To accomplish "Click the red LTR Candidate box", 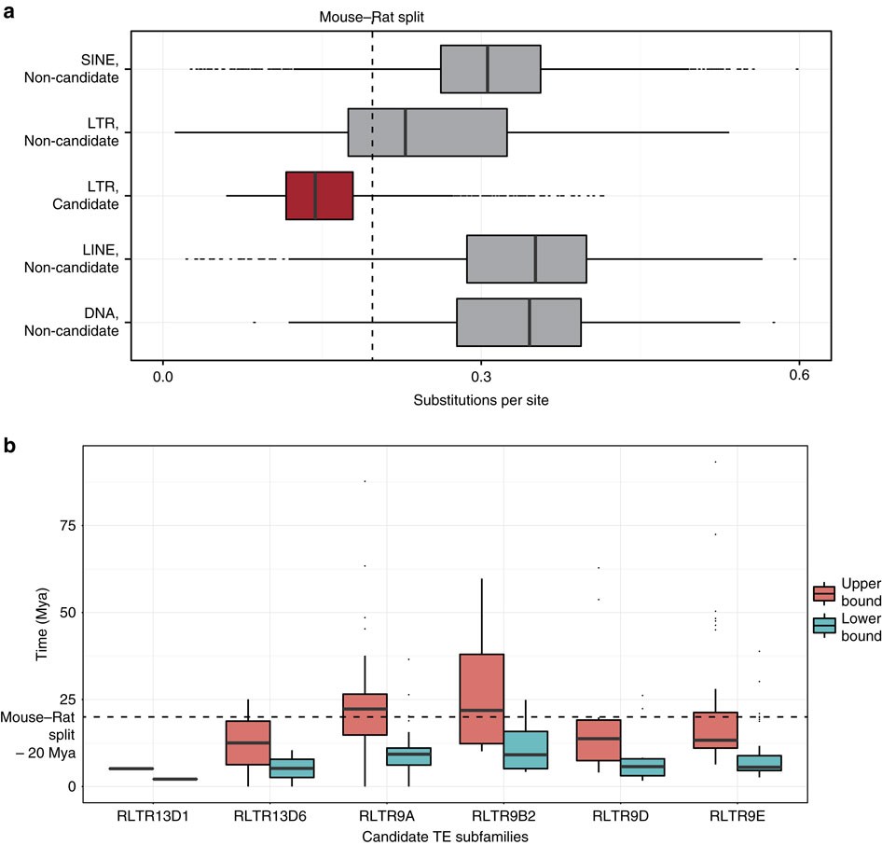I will (319, 195).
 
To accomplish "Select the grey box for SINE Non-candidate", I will (490, 69).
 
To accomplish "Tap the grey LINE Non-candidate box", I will (526, 258).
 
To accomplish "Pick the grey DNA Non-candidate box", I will (518, 322).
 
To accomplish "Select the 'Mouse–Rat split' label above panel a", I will (372, 17).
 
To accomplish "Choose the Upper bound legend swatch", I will (823, 593).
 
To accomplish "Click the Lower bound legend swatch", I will (823, 625).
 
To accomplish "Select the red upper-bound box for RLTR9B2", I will (481, 699).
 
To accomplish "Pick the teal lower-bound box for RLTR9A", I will (408, 755).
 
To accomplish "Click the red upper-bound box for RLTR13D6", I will (247, 742).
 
